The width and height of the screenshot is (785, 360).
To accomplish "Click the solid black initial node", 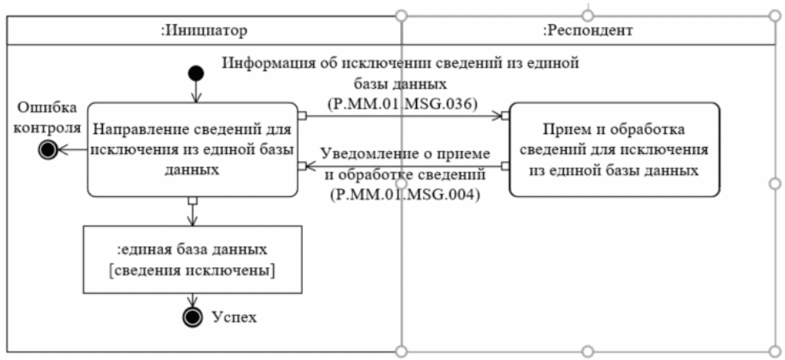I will (x=195, y=74).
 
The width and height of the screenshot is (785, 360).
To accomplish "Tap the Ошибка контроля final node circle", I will (x=48, y=148).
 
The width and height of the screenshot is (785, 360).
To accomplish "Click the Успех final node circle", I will (x=192, y=317).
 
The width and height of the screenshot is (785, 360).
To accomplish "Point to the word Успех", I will (x=234, y=317).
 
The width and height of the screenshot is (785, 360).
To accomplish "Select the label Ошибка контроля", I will (x=50, y=117).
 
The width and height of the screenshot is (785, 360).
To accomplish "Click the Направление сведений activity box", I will (x=191, y=148).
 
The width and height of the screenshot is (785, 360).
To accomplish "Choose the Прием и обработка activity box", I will (x=613, y=148).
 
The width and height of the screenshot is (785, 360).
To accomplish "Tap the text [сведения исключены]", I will (x=192, y=271).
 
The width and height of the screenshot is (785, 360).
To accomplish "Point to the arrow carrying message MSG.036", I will (x=399, y=115).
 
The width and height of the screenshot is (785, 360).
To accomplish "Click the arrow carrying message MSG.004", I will (x=399, y=167).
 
